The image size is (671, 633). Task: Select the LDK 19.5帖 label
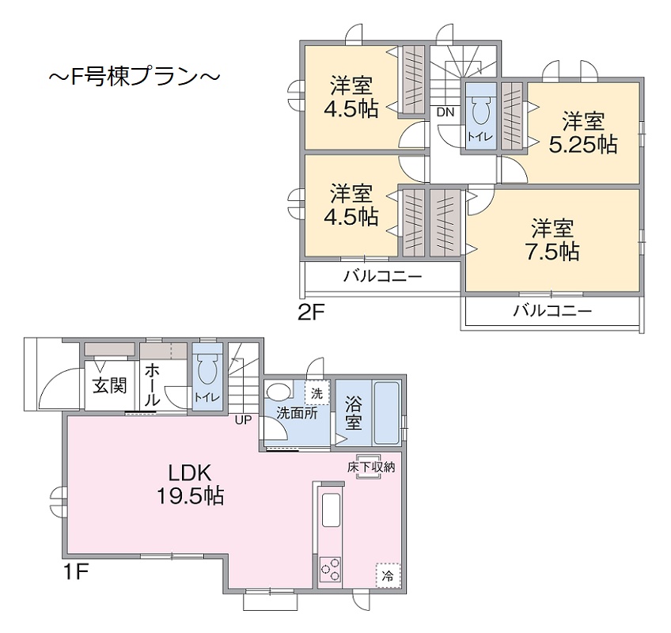[188, 484]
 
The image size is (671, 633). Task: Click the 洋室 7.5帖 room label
[552, 240]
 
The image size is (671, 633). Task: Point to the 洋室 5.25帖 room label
[583, 132]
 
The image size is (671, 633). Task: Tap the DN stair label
[445, 112]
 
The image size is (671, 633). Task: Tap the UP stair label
[242, 420]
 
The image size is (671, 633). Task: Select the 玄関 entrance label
[108, 386]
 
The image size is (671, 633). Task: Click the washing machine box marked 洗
[316, 392]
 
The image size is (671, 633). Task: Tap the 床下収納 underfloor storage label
[370, 467]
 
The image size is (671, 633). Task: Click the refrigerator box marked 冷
[387, 574]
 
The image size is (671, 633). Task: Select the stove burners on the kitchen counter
[330, 568]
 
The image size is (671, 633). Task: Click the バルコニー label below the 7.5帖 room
[552, 311]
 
